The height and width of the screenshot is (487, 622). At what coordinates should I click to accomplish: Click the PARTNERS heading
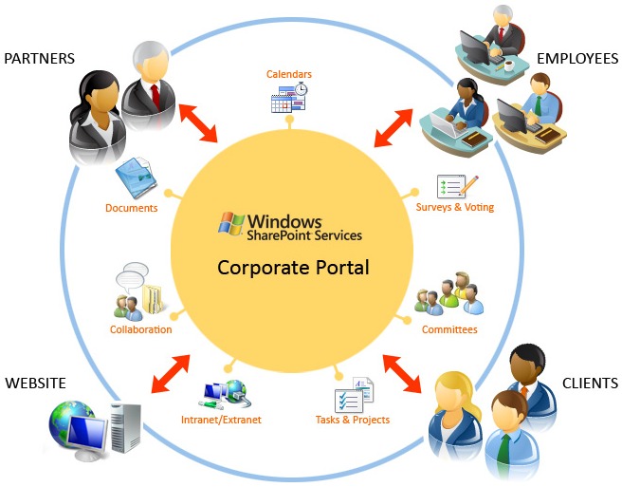point(39,59)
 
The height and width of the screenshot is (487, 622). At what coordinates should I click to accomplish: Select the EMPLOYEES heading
point(577,59)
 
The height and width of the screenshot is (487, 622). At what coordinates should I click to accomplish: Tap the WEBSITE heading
point(35,384)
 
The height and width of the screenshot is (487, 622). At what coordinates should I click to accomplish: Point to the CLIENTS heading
point(590,384)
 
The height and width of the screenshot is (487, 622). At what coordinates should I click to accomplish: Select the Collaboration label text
point(140,329)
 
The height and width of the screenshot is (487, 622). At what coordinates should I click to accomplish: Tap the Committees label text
point(449,329)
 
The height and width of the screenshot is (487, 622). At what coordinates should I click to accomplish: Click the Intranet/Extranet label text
point(221,419)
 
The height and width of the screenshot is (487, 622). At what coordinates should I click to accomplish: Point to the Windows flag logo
point(230,222)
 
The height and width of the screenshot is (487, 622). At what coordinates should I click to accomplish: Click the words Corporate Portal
point(293,267)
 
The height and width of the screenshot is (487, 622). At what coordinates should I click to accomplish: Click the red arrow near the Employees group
point(393,128)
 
